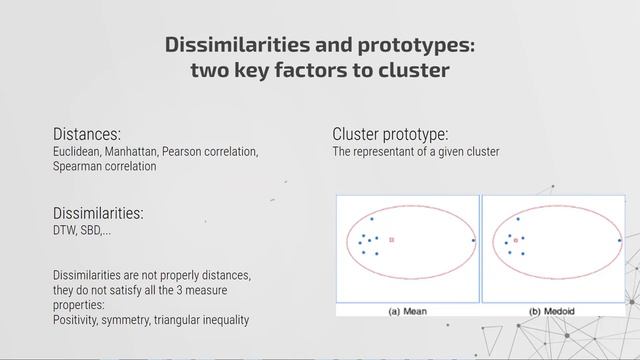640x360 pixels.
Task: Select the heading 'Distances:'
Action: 87,133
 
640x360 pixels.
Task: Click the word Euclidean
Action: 76,152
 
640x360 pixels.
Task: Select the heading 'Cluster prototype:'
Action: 390,134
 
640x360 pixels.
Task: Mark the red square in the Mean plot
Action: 391,240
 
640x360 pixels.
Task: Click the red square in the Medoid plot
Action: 516,241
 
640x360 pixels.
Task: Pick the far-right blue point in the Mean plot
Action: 473,241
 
